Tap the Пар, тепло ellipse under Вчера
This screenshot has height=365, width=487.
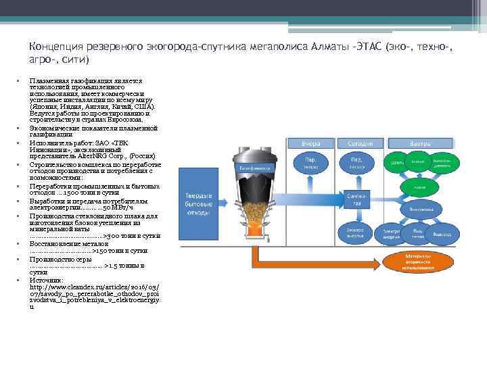click(311, 163)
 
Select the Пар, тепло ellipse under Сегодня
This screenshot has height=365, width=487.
click(357, 163)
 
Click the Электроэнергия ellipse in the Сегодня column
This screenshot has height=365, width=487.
click(356, 231)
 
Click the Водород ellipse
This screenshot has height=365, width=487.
click(442, 234)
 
